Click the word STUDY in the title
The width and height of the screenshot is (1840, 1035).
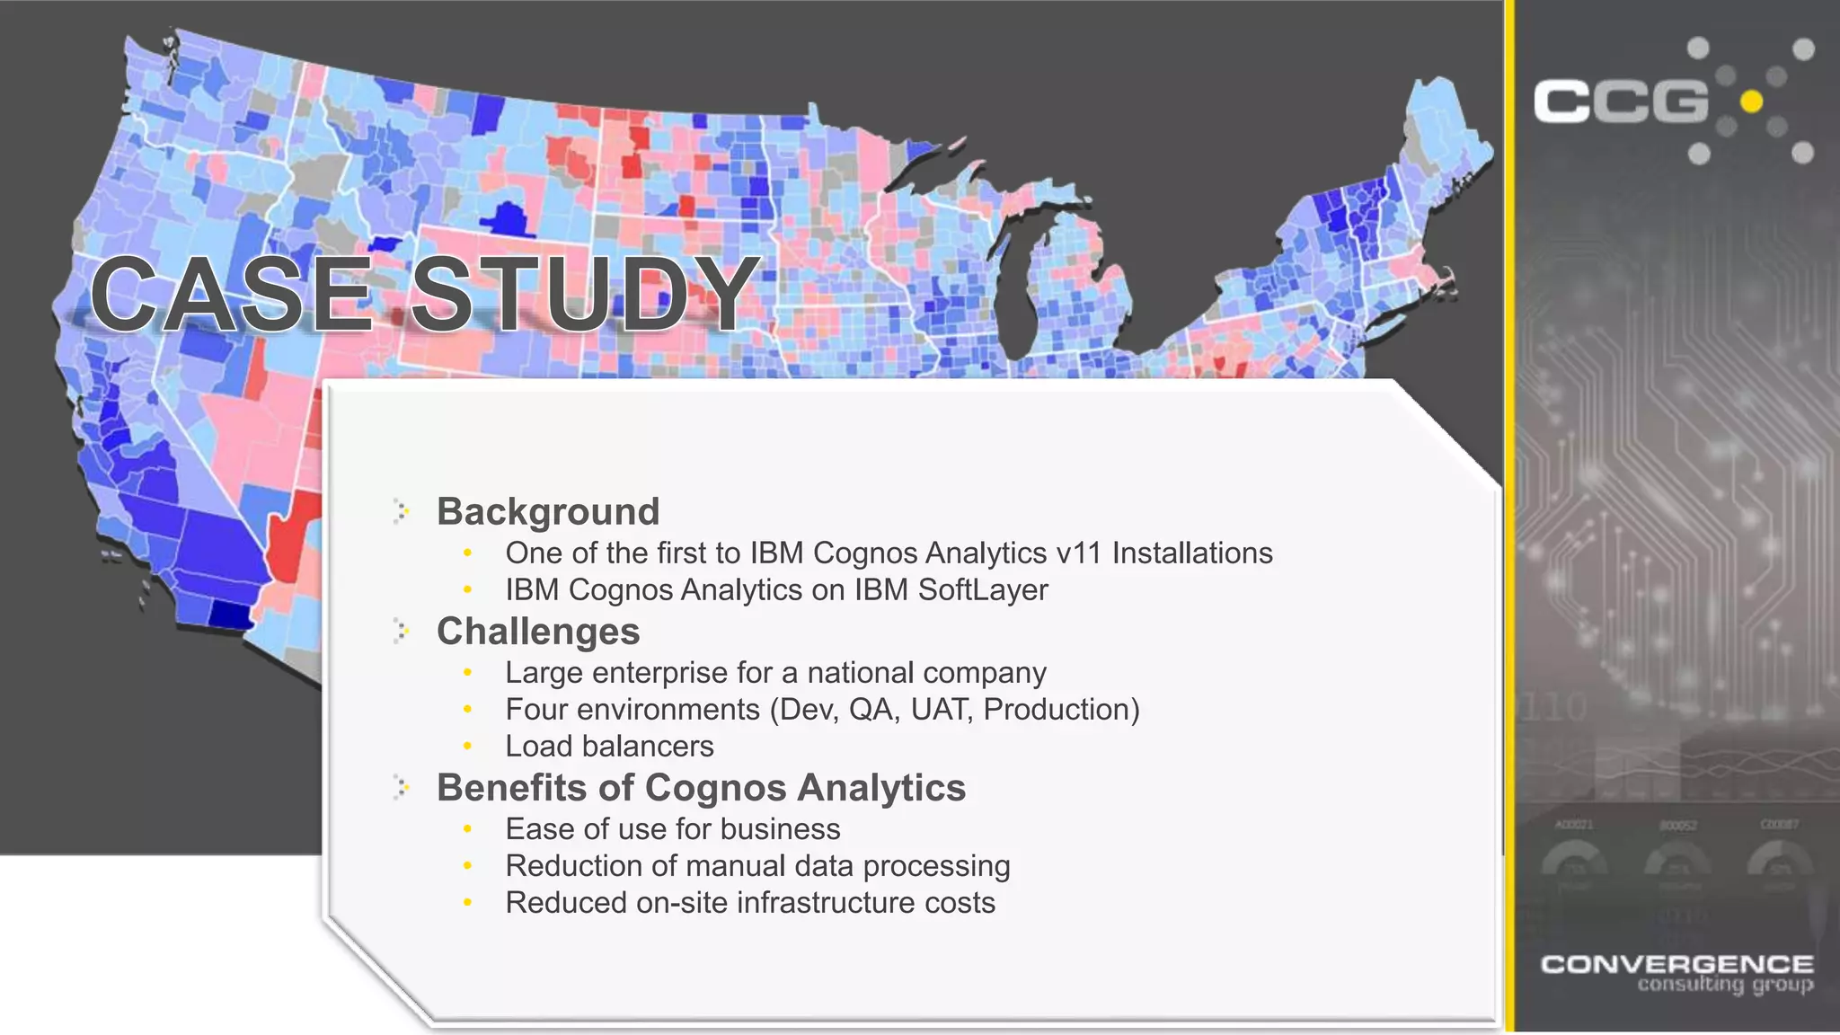(x=585, y=294)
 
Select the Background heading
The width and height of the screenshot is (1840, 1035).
(x=548, y=511)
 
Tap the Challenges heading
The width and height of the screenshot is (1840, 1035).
(x=538, y=631)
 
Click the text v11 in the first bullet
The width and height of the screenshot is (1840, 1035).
(x=1078, y=553)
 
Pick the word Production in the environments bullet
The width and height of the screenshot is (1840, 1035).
(x=1061, y=710)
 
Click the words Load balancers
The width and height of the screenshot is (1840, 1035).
(x=609, y=747)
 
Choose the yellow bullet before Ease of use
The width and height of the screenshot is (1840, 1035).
(x=467, y=829)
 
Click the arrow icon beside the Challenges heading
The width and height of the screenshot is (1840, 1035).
(x=402, y=632)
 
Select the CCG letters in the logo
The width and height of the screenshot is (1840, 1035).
(x=1620, y=102)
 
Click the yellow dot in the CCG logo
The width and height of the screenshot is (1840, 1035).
(x=1751, y=102)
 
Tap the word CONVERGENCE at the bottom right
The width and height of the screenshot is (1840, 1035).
(x=1676, y=965)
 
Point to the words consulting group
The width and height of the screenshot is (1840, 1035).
(x=1725, y=986)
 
